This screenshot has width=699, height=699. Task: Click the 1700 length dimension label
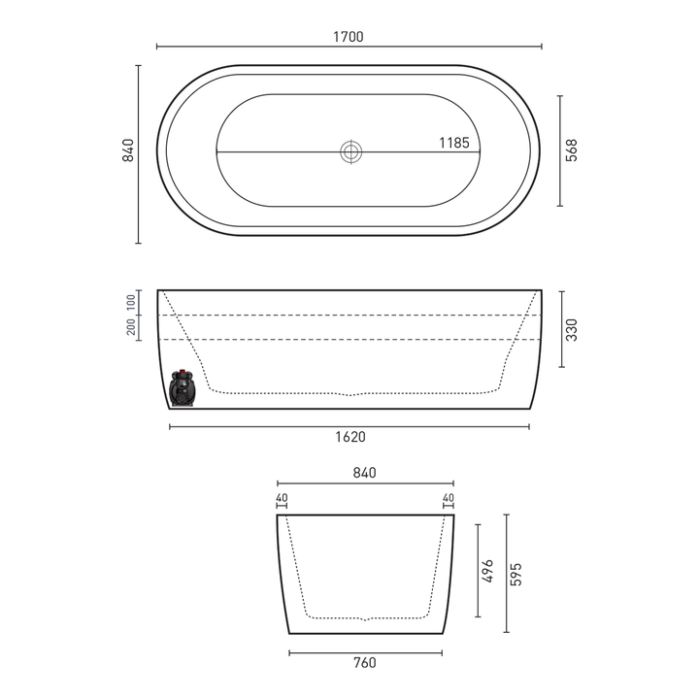coord(349,37)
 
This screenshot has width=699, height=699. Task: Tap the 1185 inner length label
coord(453,143)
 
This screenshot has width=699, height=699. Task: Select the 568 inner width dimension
coord(572,150)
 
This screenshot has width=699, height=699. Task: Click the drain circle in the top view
coord(350,151)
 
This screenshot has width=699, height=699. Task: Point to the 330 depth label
coord(572,330)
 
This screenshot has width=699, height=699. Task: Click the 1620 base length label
coord(349,437)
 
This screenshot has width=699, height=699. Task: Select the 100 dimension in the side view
coord(131,302)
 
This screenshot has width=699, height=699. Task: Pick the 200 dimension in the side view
coord(131,327)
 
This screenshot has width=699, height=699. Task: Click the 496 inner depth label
coord(487,571)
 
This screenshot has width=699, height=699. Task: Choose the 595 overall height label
coord(516,574)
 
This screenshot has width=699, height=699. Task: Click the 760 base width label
coord(365,663)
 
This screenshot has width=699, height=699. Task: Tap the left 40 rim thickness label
coord(282,499)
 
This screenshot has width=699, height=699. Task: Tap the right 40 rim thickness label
coord(449,499)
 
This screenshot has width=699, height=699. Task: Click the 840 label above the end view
coord(365,473)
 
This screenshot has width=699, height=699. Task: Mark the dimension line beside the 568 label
coord(559,150)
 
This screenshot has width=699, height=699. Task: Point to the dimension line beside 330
coord(559,328)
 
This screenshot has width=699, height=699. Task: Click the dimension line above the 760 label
coord(365,652)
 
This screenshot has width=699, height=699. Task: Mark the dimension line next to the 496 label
coord(477,571)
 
